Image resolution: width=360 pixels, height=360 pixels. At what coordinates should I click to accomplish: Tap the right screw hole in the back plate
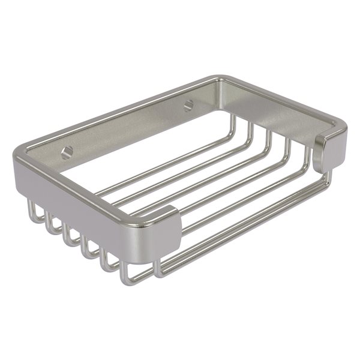(189, 104)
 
